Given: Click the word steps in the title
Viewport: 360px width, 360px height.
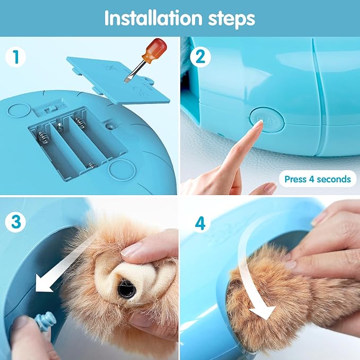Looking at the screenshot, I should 229,19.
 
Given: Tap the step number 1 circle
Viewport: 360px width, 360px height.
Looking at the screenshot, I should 17,57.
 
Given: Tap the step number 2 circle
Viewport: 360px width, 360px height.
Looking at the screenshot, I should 199,57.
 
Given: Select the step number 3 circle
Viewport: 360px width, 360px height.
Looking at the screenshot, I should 17,222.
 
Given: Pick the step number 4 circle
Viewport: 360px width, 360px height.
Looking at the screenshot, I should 199,223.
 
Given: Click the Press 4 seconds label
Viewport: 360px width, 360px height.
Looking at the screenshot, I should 317,179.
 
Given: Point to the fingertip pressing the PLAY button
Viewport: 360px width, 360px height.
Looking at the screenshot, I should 258,125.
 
